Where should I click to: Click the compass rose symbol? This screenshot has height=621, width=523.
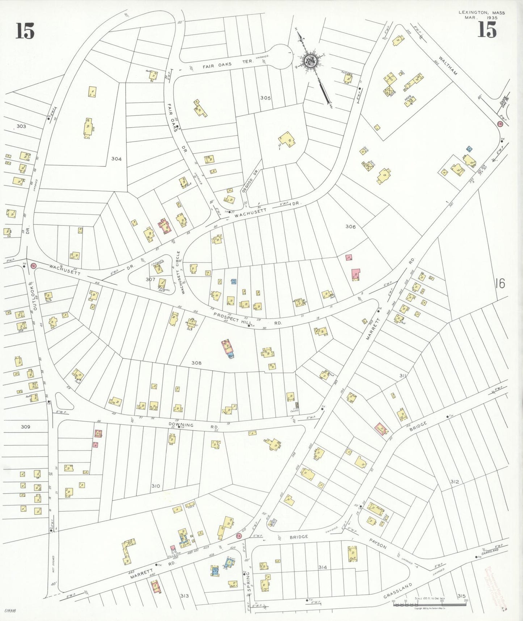point(311,61)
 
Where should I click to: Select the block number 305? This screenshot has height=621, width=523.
point(265,98)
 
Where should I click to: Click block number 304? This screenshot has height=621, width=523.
point(116,159)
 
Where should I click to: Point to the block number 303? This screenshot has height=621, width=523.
point(21,126)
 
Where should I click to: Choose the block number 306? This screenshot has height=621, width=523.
point(350,226)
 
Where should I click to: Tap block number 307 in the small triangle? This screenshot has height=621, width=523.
point(150,279)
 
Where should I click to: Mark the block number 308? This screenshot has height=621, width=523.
point(197,363)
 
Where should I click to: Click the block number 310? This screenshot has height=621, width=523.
point(156,486)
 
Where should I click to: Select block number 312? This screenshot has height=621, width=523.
point(455,482)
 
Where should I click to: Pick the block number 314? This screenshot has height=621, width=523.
point(322,567)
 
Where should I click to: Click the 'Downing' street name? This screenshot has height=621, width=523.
point(181,425)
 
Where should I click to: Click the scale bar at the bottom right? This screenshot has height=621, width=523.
point(430,605)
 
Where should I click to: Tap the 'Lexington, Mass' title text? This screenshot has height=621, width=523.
point(481,13)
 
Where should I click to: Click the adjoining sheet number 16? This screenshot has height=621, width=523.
point(499,283)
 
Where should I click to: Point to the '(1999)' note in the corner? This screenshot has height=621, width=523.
point(10,610)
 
